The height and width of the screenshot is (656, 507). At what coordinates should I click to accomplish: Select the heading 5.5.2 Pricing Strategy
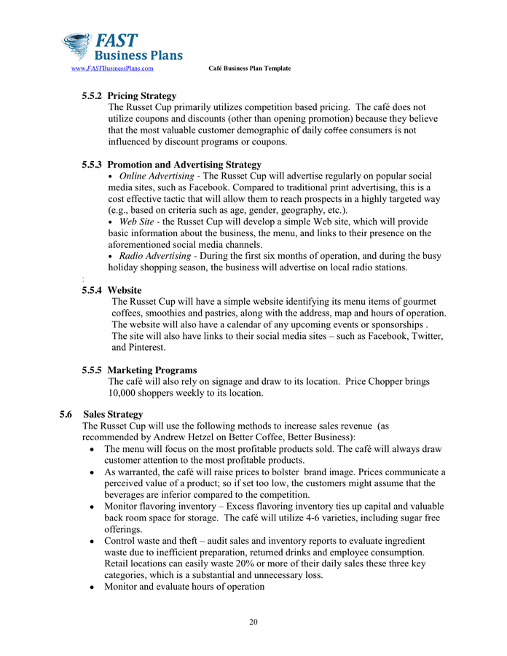(x=129, y=95)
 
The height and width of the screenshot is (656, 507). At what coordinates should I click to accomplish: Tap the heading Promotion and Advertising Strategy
(x=189, y=165)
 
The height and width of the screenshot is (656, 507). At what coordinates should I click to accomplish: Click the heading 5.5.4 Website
(x=111, y=290)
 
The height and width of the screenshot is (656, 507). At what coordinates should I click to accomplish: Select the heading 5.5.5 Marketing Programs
(x=139, y=370)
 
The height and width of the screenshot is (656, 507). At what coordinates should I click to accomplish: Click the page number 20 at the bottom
(x=253, y=622)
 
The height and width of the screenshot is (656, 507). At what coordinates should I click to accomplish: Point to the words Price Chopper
(x=374, y=381)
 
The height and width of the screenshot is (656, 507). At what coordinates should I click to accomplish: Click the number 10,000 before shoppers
(x=125, y=393)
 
